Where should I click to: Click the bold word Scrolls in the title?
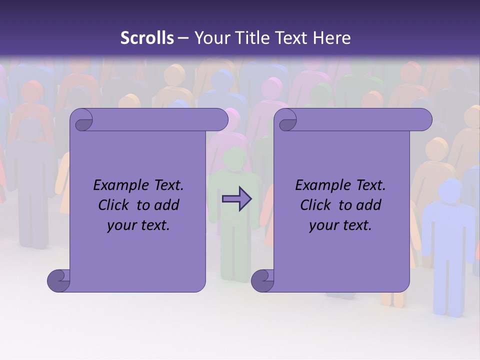[x=147, y=38]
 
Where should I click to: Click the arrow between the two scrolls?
[x=236, y=198]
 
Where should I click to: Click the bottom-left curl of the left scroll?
[x=58, y=280]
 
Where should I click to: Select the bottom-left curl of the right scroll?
[x=262, y=280]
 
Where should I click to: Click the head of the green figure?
[x=233, y=158]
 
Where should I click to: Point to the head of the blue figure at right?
[x=449, y=190]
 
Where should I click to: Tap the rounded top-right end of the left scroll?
[x=219, y=120]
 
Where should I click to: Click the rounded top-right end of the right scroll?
[x=423, y=120]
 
